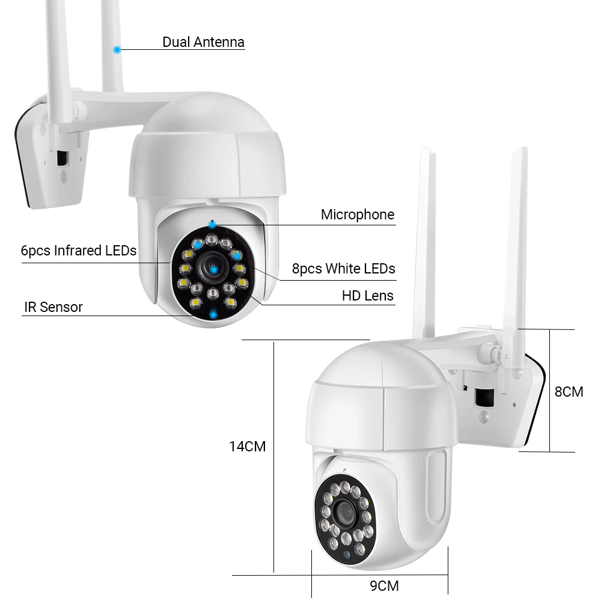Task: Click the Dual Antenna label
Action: (203, 42)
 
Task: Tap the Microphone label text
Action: (357, 215)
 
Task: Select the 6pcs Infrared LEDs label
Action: (79, 251)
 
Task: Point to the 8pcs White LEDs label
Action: (343, 269)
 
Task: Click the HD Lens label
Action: (367, 296)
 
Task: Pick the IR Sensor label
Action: (53, 307)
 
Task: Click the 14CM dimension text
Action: (247, 447)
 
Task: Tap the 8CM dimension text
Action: (569, 392)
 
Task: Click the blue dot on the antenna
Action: (117, 49)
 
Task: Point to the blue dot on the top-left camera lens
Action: (213, 270)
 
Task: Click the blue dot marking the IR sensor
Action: (213, 314)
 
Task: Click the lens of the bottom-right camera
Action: (345, 513)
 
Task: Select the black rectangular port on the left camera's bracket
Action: (61, 158)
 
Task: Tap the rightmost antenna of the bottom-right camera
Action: (516, 252)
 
